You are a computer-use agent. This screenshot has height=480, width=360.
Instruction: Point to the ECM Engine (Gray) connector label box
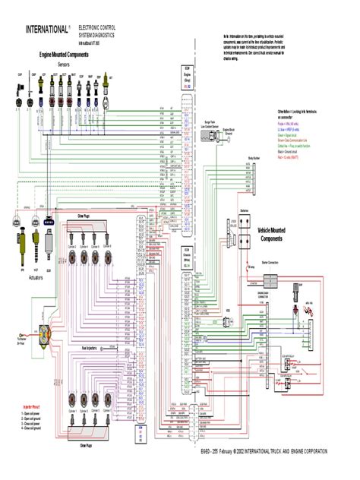click(x=185, y=79)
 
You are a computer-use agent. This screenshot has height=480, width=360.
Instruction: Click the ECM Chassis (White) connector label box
click(x=185, y=255)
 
